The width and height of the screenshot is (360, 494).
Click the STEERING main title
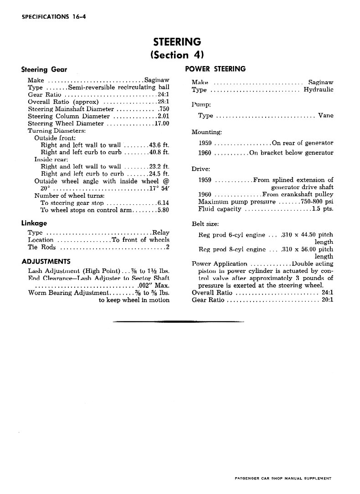(x=177, y=42)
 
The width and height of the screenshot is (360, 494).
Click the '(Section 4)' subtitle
(x=177, y=56)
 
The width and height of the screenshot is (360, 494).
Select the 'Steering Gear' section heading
(x=44, y=70)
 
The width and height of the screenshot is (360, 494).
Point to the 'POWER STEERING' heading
(x=216, y=69)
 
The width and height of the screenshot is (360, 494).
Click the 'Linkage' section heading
(x=34, y=223)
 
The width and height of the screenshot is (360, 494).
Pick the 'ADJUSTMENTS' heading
(x=46, y=261)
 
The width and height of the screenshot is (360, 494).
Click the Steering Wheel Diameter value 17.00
(x=162, y=123)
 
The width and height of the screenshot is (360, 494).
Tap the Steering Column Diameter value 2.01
(x=164, y=116)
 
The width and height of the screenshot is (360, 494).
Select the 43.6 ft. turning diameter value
(x=159, y=145)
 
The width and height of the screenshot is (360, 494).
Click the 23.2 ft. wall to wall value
(x=159, y=167)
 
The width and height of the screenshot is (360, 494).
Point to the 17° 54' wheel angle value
(x=159, y=188)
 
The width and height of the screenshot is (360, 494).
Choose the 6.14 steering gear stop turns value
(x=163, y=203)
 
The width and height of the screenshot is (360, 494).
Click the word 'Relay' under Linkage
(x=161, y=232)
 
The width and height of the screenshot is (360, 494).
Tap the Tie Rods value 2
(x=168, y=247)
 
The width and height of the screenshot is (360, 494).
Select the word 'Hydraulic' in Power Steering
(x=319, y=90)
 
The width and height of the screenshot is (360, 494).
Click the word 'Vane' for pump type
(x=326, y=116)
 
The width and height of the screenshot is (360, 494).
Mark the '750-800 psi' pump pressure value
(x=317, y=202)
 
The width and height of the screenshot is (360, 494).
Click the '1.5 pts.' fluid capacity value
(x=323, y=209)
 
